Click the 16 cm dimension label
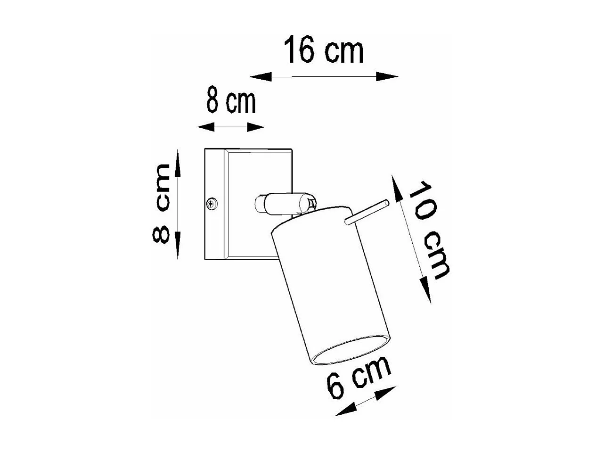(323, 50)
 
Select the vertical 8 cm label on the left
(162, 204)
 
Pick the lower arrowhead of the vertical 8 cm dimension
(177, 247)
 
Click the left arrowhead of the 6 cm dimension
(343, 411)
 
